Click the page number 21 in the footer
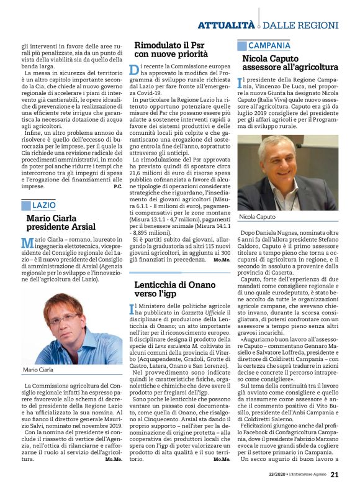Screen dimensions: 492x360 (335, 475)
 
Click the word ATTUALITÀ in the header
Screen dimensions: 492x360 (226, 25)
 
